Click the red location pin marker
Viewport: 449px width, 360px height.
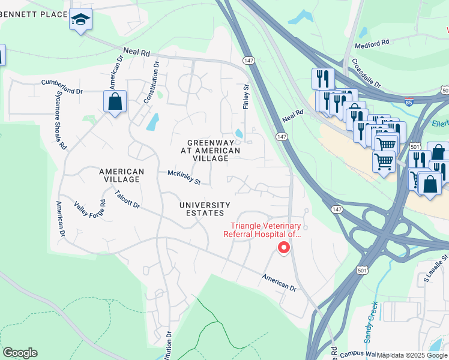point(283,247)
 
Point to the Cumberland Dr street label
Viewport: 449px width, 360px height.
point(62,86)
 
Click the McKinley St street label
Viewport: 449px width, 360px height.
point(184,177)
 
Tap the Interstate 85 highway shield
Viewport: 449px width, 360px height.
point(408,103)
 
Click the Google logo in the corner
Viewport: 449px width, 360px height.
point(20,353)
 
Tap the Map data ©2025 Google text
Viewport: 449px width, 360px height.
point(412,355)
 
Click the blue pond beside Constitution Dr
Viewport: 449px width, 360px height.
point(152,122)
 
